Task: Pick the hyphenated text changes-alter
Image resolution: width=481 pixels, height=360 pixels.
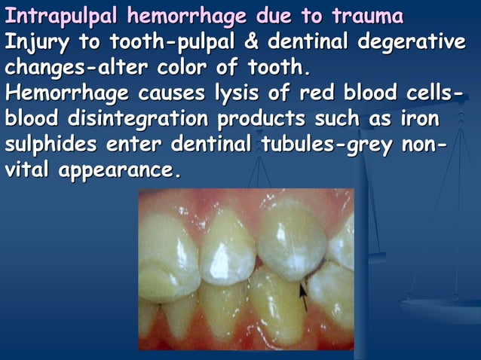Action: (75, 68)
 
